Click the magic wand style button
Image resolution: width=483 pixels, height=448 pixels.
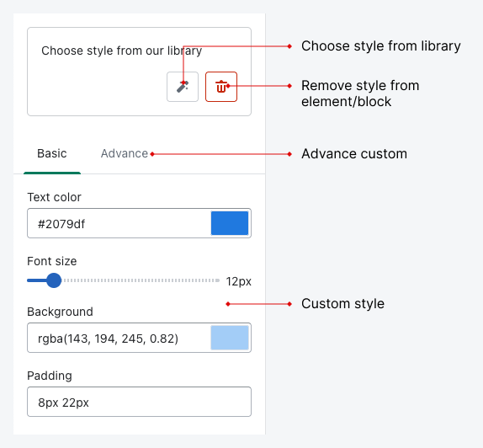tap(183, 87)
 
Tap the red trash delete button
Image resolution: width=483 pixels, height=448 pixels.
tap(221, 87)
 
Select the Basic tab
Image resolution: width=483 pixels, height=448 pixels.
tap(52, 153)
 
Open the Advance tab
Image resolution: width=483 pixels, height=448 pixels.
tap(125, 153)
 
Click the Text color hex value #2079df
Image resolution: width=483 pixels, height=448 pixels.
tap(61, 224)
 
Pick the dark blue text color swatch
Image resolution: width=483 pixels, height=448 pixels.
tap(230, 223)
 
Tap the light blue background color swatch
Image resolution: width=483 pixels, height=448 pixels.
tap(230, 338)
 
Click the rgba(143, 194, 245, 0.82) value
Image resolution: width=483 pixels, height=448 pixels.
tap(108, 339)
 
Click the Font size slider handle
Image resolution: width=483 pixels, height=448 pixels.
tap(54, 280)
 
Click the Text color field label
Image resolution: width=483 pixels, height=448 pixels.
tap(54, 197)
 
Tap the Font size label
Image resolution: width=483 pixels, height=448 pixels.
tap(52, 261)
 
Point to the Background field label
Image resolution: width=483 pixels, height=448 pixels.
tap(60, 312)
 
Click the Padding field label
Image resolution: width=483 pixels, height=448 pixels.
tap(50, 376)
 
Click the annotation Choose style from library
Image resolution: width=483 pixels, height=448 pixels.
tap(381, 46)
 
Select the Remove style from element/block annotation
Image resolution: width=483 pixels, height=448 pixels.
tap(360, 93)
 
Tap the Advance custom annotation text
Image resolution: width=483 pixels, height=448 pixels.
tap(354, 154)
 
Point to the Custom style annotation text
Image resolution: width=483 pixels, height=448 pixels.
tap(342, 304)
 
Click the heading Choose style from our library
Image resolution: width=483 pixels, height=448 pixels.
tap(122, 51)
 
